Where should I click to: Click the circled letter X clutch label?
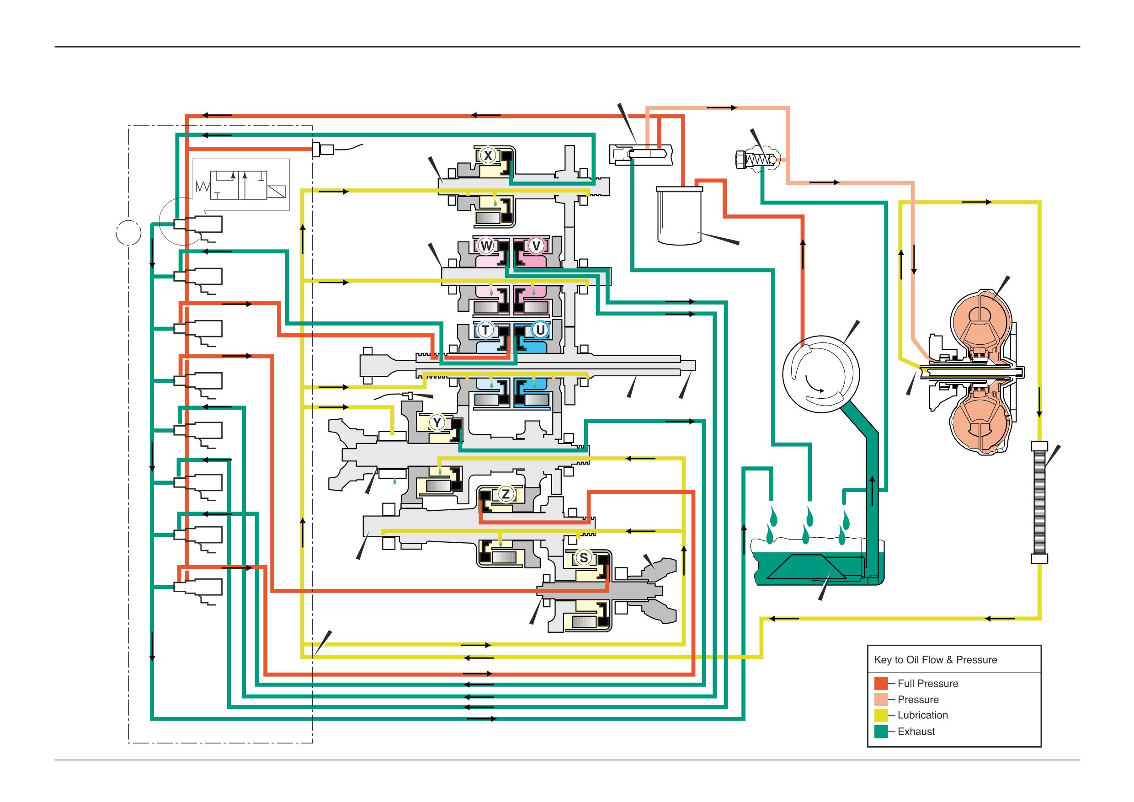[488, 155]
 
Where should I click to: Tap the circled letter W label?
[486, 246]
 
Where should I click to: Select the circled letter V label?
[537, 246]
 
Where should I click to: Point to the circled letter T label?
[485, 330]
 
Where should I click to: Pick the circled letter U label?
[540, 330]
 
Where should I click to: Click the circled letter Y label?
[437, 422]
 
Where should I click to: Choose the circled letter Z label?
[505, 493]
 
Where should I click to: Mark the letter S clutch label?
[584, 558]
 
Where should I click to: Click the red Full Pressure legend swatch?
[881, 683]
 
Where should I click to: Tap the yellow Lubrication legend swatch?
[881, 715]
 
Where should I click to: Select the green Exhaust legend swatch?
[881, 731]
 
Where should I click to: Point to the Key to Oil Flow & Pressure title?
[936, 660]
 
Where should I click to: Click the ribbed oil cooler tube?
[1040, 502]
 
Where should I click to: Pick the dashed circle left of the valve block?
[128, 233]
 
